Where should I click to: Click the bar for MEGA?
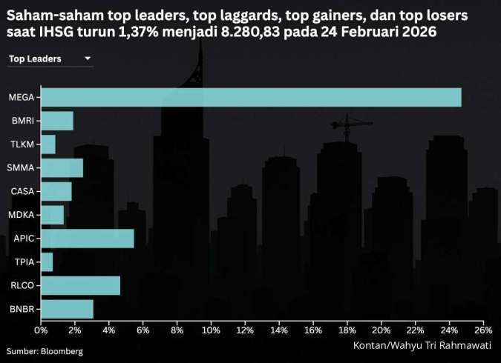(251, 97)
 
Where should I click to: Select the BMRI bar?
(57, 121)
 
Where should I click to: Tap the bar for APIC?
(88, 239)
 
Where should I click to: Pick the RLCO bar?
(80, 285)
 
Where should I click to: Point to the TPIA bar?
(47, 262)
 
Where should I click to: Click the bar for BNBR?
(67, 309)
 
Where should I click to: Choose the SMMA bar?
(62, 168)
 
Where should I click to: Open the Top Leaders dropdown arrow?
(88, 58)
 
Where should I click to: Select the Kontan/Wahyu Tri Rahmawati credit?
(422, 345)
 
